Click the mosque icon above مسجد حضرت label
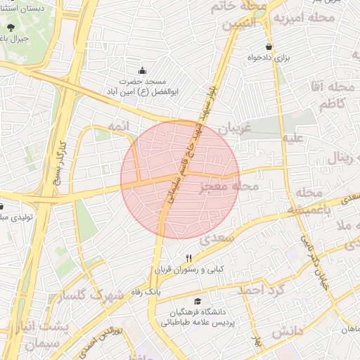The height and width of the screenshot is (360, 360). point(143,70)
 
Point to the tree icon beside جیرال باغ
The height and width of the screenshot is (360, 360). point(9,28)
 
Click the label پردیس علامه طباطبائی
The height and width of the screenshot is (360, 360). point(186,323)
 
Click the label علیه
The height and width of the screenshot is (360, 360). point(292,138)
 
